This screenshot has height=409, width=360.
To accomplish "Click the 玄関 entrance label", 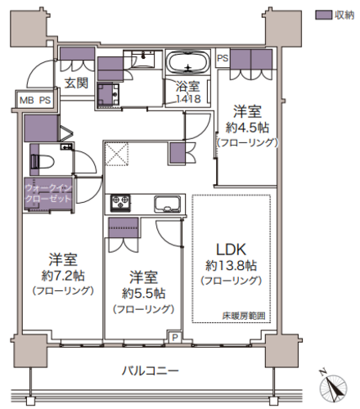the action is [76, 83].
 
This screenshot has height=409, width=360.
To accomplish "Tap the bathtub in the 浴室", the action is [188, 62].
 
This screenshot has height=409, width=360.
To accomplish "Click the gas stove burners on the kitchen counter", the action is [120, 203].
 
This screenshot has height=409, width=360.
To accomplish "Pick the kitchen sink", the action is [168, 204].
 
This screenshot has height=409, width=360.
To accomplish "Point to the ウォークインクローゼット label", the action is [48, 193].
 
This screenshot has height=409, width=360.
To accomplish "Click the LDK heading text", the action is [231, 249].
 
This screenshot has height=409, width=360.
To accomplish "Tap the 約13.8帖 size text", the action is [231, 265].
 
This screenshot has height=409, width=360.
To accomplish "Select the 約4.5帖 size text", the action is [247, 128].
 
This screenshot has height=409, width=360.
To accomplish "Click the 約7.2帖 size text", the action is [63, 276].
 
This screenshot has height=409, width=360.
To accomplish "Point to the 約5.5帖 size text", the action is [143, 294].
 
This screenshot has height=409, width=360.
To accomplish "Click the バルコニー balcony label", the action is [150, 371].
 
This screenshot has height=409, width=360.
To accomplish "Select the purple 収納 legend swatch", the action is [323, 15].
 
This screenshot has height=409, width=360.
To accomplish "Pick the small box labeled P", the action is [175, 338].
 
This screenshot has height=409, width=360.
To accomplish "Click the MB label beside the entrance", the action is [27, 101].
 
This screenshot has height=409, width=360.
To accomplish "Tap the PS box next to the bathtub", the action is [223, 58].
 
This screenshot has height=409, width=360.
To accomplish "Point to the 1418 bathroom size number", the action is [188, 99].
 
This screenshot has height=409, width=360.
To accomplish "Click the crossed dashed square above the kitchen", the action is [117, 154].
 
